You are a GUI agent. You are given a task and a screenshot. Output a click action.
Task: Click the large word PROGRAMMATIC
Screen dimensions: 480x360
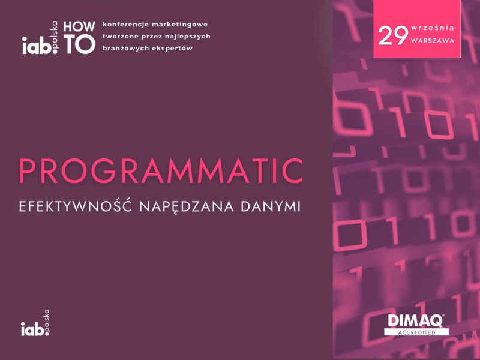161,171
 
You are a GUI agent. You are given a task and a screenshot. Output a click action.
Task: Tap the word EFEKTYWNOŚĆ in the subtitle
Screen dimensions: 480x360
76,206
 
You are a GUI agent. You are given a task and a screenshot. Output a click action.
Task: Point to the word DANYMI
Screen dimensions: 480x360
271,206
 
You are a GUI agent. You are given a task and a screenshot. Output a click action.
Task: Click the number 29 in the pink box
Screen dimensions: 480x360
393,36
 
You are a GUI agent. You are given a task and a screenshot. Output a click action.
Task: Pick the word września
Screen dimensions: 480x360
433,28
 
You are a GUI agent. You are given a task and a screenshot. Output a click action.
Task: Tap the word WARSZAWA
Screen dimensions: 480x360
433,41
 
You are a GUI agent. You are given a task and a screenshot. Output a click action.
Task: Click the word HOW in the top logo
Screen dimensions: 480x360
79,27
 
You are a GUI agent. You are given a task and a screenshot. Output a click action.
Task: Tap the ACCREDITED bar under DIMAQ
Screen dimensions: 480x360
416,332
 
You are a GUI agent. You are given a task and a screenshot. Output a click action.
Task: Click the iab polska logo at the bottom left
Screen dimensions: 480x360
35,323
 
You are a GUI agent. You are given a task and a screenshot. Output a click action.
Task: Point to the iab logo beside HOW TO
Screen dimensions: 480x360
40,38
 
